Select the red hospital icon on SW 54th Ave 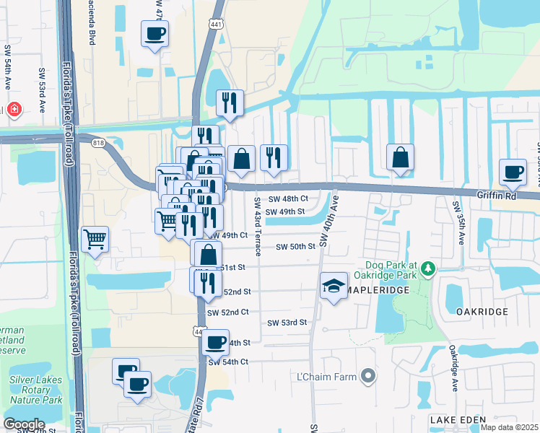pyautogui.click(x=14, y=110)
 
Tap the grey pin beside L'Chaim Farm pyautogui.click(x=368, y=376)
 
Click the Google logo pyautogui.click(x=24, y=424)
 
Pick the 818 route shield pyautogui.click(x=99, y=144)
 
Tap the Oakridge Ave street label pyautogui.click(x=454, y=367)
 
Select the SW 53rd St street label pyautogui.click(x=287, y=323)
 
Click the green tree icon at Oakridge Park pyautogui.click(x=430, y=269)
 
